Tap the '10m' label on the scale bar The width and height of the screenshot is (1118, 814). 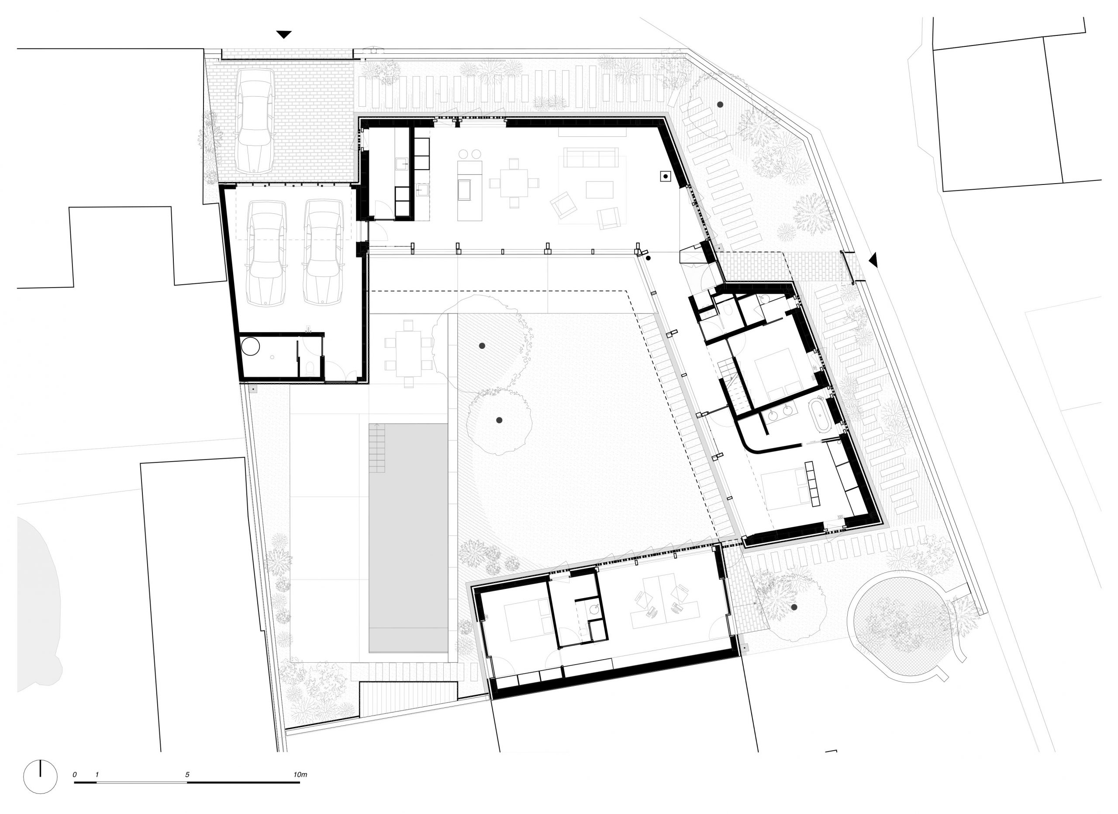point(300,775)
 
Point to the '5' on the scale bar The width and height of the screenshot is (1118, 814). point(187,775)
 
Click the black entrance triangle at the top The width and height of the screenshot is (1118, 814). point(283,35)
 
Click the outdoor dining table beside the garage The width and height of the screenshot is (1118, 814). point(408,353)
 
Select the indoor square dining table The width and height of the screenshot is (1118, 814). point(514,183)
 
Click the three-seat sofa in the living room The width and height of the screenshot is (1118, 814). point(590,158)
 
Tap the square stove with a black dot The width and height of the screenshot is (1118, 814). point(666,176)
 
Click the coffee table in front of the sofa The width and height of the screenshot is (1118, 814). point(600,190)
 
